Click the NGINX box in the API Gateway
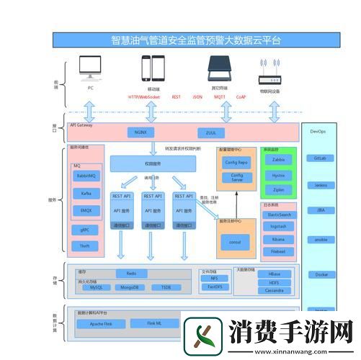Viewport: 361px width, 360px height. pyautogui.click(x=141, y=132)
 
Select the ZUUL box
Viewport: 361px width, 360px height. pyautogui.click(x=211, y=132)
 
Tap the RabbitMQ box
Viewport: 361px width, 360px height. pyautogui.click(x=86, y=176)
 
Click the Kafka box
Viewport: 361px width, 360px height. pyautogui.click(x=86, y=193)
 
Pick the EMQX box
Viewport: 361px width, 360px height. pyautogui.click(x=86, y=210)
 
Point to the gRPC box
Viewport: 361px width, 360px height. pyautogui.click(x=84, y=230)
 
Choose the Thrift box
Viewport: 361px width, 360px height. pyautogui.click(x=84, y=246)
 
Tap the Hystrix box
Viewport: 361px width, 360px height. pyautogui.click(x=278, y=175)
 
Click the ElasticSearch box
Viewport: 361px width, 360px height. pyautogui.click(x=278, y=215)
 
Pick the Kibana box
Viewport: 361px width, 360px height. pyautogui.click(x=278, y=238)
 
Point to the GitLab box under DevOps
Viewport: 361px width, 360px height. pyautogui.click(x=321, y=158)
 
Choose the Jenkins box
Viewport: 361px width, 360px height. pyautogui.click(x=321, y=185)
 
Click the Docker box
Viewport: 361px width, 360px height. pyautogui.click(x=321, y=274)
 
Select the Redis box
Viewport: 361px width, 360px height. pyautogui.click(x=131, y=274)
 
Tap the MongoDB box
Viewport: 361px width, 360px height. pyautogui.click(x=131, y=287)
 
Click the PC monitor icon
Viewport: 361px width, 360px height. pyautogui.click(x=91, y=69)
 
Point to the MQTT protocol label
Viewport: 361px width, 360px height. pyautogui.click(x=219, y=96)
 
